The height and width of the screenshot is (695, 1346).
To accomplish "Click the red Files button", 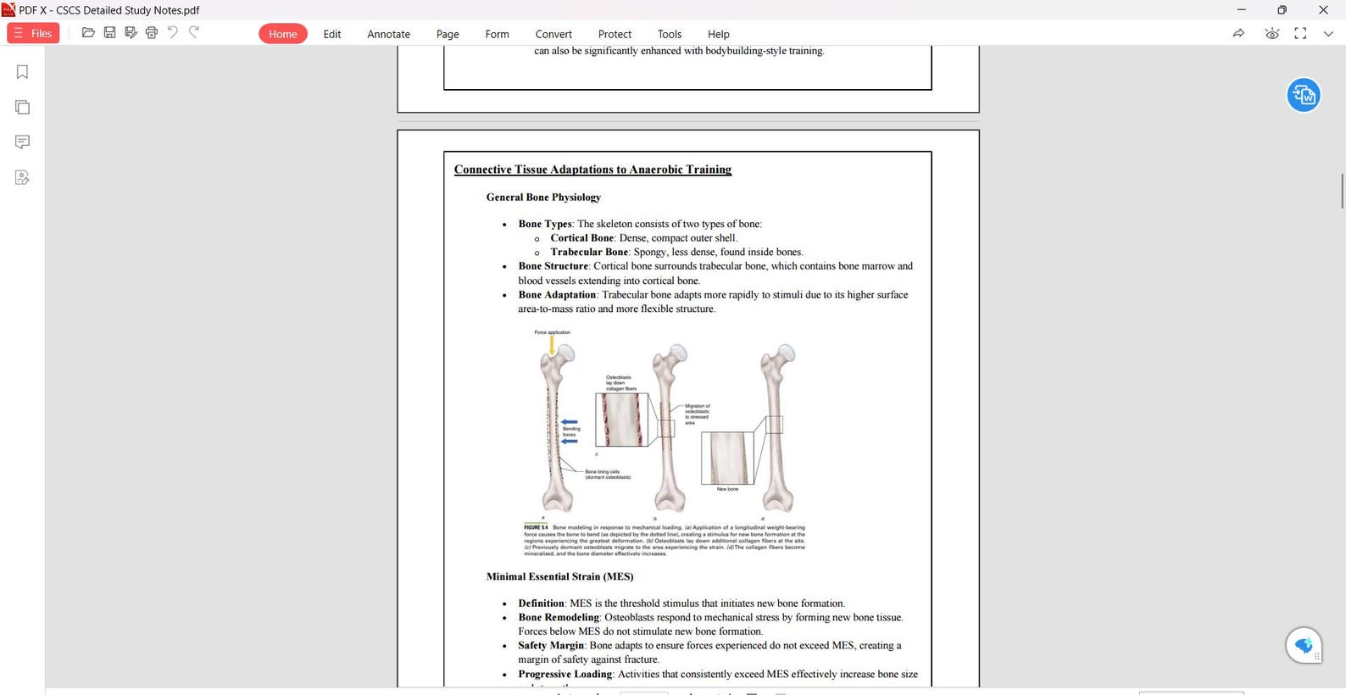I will (33, 33).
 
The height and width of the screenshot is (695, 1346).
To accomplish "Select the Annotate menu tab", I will (388, 34).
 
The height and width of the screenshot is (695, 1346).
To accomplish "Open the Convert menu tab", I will (553, 34).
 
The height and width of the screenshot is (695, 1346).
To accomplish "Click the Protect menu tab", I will (615, 34).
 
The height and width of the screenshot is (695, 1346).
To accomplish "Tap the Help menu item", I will (718, 34).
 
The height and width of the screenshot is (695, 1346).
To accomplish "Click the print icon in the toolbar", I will (152, 32).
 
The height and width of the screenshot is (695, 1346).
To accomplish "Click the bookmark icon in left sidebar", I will (23, 72).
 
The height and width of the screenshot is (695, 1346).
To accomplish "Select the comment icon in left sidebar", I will (23, 142).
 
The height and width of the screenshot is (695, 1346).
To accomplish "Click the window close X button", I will (1323, 10).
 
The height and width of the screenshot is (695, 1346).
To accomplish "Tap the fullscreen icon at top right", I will (1300, 33).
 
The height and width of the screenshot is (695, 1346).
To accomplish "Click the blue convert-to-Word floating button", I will (1304, 95).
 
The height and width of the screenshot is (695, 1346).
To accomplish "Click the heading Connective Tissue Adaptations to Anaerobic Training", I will (592, 170).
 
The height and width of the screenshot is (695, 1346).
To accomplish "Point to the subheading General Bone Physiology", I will (543, 197).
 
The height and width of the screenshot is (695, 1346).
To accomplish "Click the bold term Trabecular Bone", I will (589, 252).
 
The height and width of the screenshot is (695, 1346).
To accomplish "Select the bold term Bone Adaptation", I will (557, 295).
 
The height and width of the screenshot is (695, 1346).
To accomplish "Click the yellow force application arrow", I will (552, 345).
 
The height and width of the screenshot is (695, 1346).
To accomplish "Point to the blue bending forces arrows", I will (570, 431).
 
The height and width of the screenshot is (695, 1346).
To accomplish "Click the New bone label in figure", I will (727, 489).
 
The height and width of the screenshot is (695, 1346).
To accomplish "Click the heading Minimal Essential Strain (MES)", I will (559, 576).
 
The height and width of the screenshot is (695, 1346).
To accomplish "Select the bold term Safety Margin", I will (551, 646).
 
